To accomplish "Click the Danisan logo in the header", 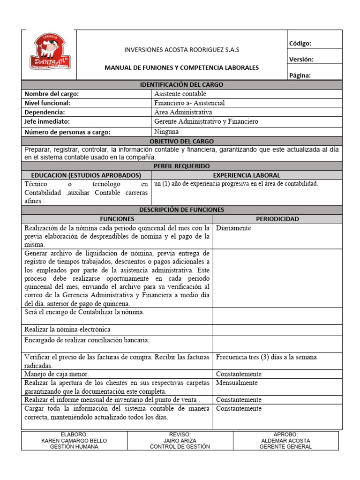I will (49, 55).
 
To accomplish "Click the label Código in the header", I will (300, 44).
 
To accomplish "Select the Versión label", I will (301, 60).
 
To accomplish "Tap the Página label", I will (300, 75).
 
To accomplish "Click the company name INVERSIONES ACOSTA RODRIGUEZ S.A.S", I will (181, 50).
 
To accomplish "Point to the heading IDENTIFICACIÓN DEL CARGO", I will (182, 85).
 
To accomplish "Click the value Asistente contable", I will (180, 94).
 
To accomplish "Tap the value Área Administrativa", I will (183, 112).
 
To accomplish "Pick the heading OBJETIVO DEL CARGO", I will (182, 141).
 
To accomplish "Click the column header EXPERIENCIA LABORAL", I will (247, 175).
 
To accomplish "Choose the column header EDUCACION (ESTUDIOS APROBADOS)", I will (82, 175).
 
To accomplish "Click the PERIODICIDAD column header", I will (277, 219).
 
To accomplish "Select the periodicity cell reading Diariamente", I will (233, 228).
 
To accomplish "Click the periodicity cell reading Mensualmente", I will (236, 383).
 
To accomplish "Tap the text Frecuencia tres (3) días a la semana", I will (266, 357).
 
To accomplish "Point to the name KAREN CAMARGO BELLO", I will (74, 441).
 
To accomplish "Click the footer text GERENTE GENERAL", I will (285, 447).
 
